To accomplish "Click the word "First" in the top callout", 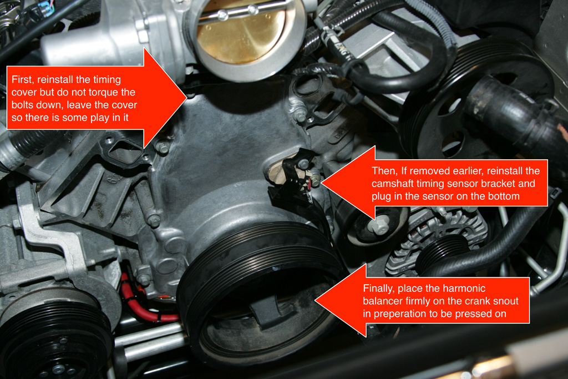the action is click(x=22, y=80).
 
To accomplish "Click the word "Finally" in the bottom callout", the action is click(x=378, y=289).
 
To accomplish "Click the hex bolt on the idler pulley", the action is click(x=378, y=227).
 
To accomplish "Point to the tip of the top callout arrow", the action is click(x=186, y=97).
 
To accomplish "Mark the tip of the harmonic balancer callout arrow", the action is click(x=315, y=300).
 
